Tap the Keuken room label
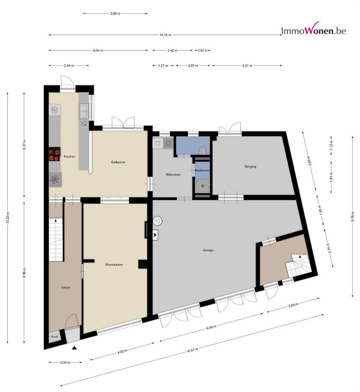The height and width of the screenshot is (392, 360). tap(70, 156)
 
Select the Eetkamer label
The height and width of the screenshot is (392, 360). tap(118, 162)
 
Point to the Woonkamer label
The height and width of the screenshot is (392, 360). tap(114, 265)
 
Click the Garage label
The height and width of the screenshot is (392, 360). tap(208, 250)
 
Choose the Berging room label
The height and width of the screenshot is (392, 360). tap(250, 167)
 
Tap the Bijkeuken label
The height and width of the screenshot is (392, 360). tap(173, 174)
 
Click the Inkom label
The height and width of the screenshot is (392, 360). tap(66, 288)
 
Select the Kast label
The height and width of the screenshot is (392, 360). tap(54, 337)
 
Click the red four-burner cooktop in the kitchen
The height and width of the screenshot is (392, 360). tap(54, 154)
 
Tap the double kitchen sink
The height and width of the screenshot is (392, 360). tap(84, 111)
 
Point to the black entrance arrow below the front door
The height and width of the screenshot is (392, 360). tap(74, 348)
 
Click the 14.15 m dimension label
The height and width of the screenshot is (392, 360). tap(166, 35)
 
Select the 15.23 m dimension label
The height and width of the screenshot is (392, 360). tap(8, 218)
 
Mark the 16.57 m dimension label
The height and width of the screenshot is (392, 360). tap(192, 350)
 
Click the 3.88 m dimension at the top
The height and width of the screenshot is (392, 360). tap(115, 14)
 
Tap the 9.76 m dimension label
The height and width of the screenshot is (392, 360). tap(353, 217)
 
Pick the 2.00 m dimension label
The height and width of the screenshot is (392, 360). tap(65, 362)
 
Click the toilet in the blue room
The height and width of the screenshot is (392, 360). tap(202, 151)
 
